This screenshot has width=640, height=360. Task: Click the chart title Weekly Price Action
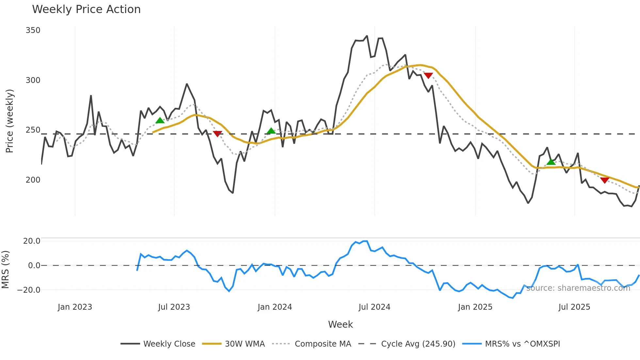86,9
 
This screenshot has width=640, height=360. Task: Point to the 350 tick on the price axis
33,30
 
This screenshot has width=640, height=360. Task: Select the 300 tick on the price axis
33,80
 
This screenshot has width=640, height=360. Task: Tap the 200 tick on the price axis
33,180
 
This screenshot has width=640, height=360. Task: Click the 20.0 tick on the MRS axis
32,241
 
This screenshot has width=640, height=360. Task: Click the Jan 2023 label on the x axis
75,307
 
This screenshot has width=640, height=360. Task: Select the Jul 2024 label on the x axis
374,307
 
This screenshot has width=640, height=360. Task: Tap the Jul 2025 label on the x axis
574,307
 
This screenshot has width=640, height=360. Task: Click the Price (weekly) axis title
9,121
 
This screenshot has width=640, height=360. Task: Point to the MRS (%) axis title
5,270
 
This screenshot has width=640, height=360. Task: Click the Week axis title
340,324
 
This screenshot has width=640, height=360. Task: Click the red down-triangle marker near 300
428,75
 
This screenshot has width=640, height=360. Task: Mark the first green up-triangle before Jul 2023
160,121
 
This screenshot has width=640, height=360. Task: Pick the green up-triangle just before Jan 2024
271,131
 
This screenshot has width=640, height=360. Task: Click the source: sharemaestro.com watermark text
578,288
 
